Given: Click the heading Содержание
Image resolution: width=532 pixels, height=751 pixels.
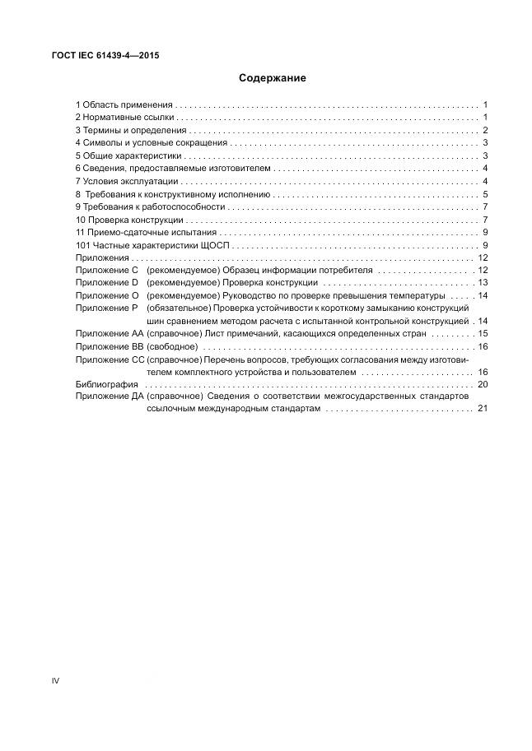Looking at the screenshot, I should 273,78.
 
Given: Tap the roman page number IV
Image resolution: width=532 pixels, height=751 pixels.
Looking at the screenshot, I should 55,680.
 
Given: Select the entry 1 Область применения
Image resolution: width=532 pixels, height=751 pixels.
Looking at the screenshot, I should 124,104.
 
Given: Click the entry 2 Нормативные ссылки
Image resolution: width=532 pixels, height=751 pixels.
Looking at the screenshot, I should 125,118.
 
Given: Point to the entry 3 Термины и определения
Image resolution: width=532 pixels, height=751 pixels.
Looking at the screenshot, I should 131,130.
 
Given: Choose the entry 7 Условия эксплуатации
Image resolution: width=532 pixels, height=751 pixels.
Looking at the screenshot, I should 127,181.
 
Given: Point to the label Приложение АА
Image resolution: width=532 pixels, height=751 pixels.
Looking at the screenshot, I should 109,333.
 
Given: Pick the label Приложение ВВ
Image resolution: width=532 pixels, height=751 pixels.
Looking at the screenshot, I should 109,346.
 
